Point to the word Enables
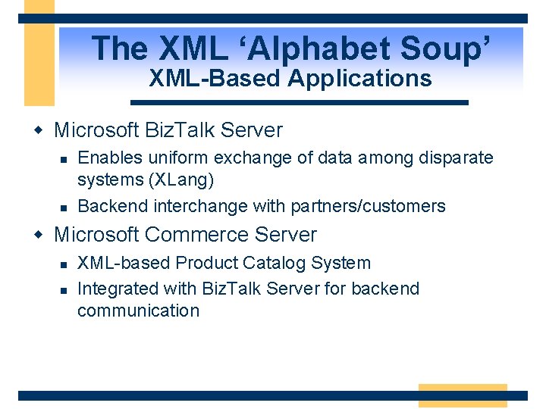[106, 158]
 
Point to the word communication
[138, 311]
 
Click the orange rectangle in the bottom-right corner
[463, 395]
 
